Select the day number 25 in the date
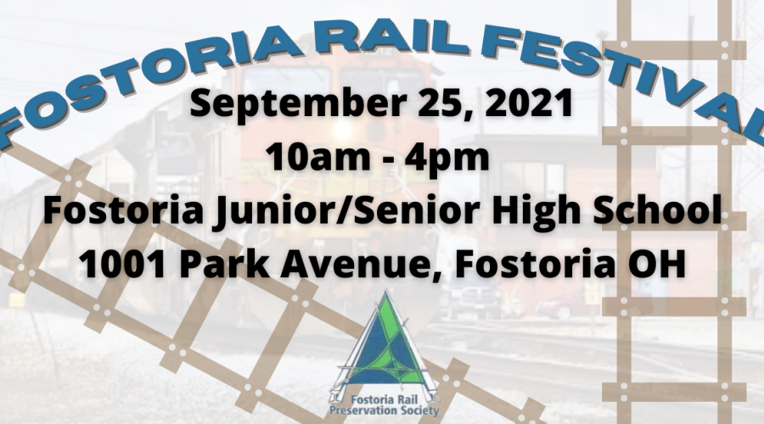444,104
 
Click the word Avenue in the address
361,265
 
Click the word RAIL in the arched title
389,38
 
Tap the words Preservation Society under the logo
384,411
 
